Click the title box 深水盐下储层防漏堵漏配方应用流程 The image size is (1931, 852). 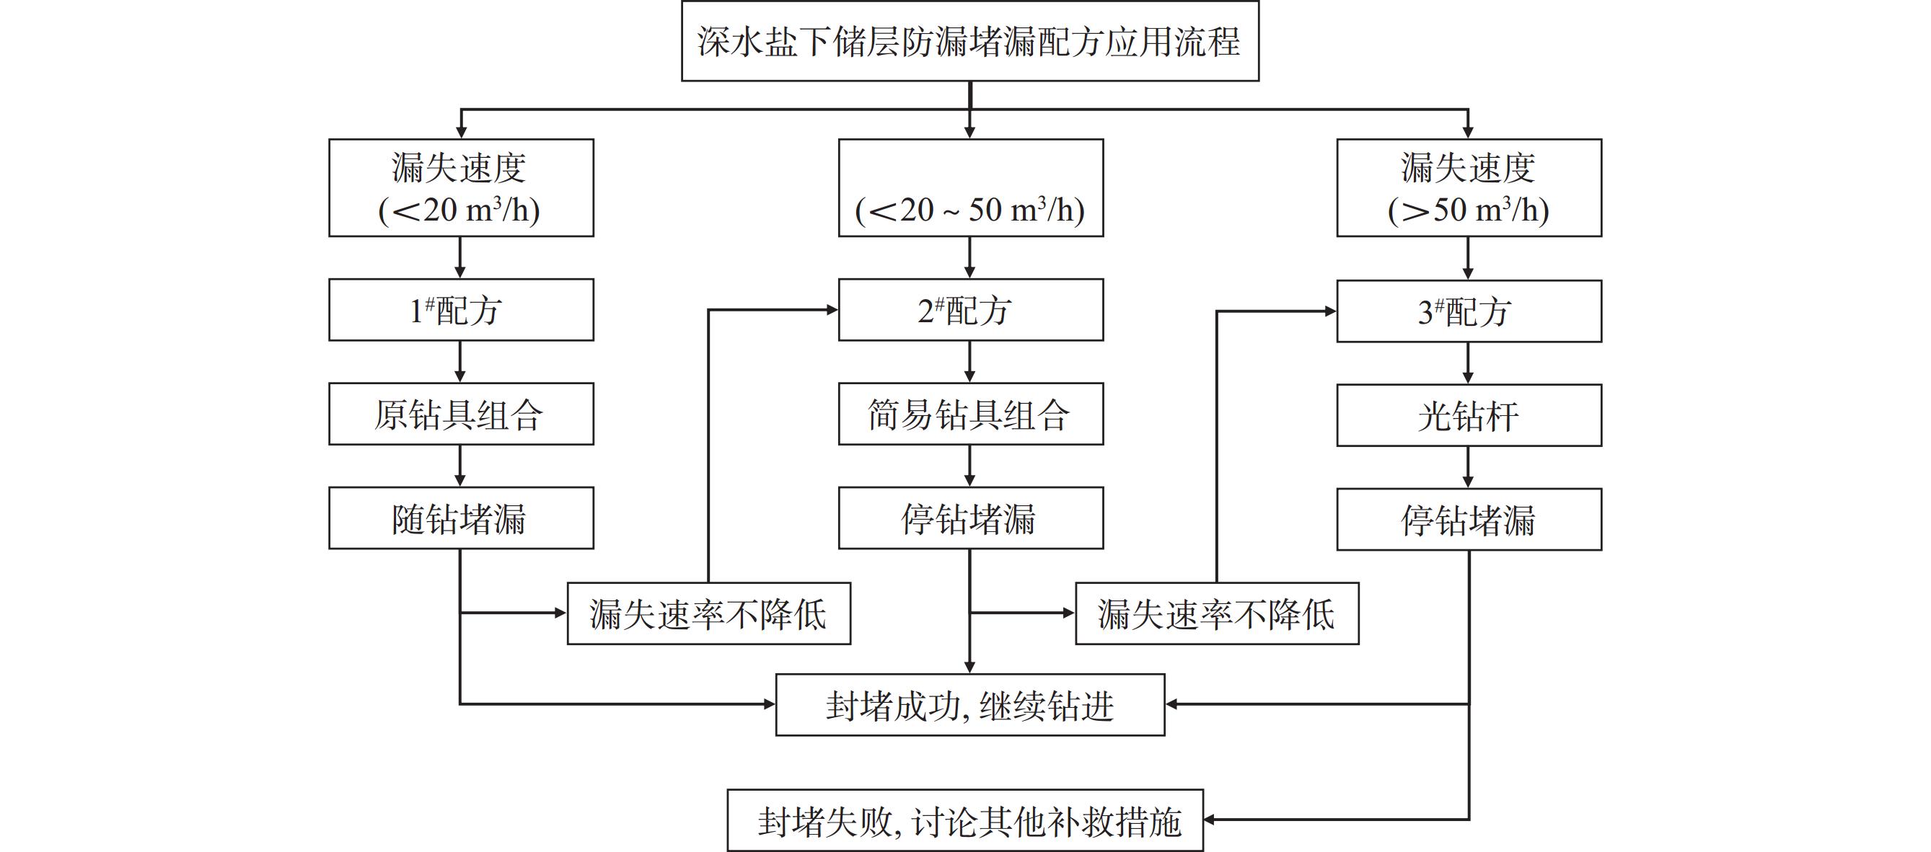coord(969,41)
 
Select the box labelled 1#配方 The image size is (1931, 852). coord(460,310)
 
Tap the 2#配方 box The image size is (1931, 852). coord(970,310)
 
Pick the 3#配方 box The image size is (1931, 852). coord(1469,311)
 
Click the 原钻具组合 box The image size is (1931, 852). coord(460,414)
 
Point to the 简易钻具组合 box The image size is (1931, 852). coord(970,414)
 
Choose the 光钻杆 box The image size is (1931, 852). coord(1469,416)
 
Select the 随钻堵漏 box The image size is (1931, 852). coord(460,518)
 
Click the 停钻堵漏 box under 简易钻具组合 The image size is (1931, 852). coord(970,518)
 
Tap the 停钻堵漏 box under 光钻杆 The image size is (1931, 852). coord(1469,520)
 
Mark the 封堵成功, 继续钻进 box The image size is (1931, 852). coord(969,705)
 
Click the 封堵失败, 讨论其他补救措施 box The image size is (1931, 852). coord(964,820)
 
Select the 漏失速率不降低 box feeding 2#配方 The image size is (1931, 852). coord(708,613)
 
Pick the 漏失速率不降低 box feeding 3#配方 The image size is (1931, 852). coord(1217,613)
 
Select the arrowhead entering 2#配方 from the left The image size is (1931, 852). coord(832,309)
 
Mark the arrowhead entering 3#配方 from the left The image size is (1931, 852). coord(1331,311)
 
